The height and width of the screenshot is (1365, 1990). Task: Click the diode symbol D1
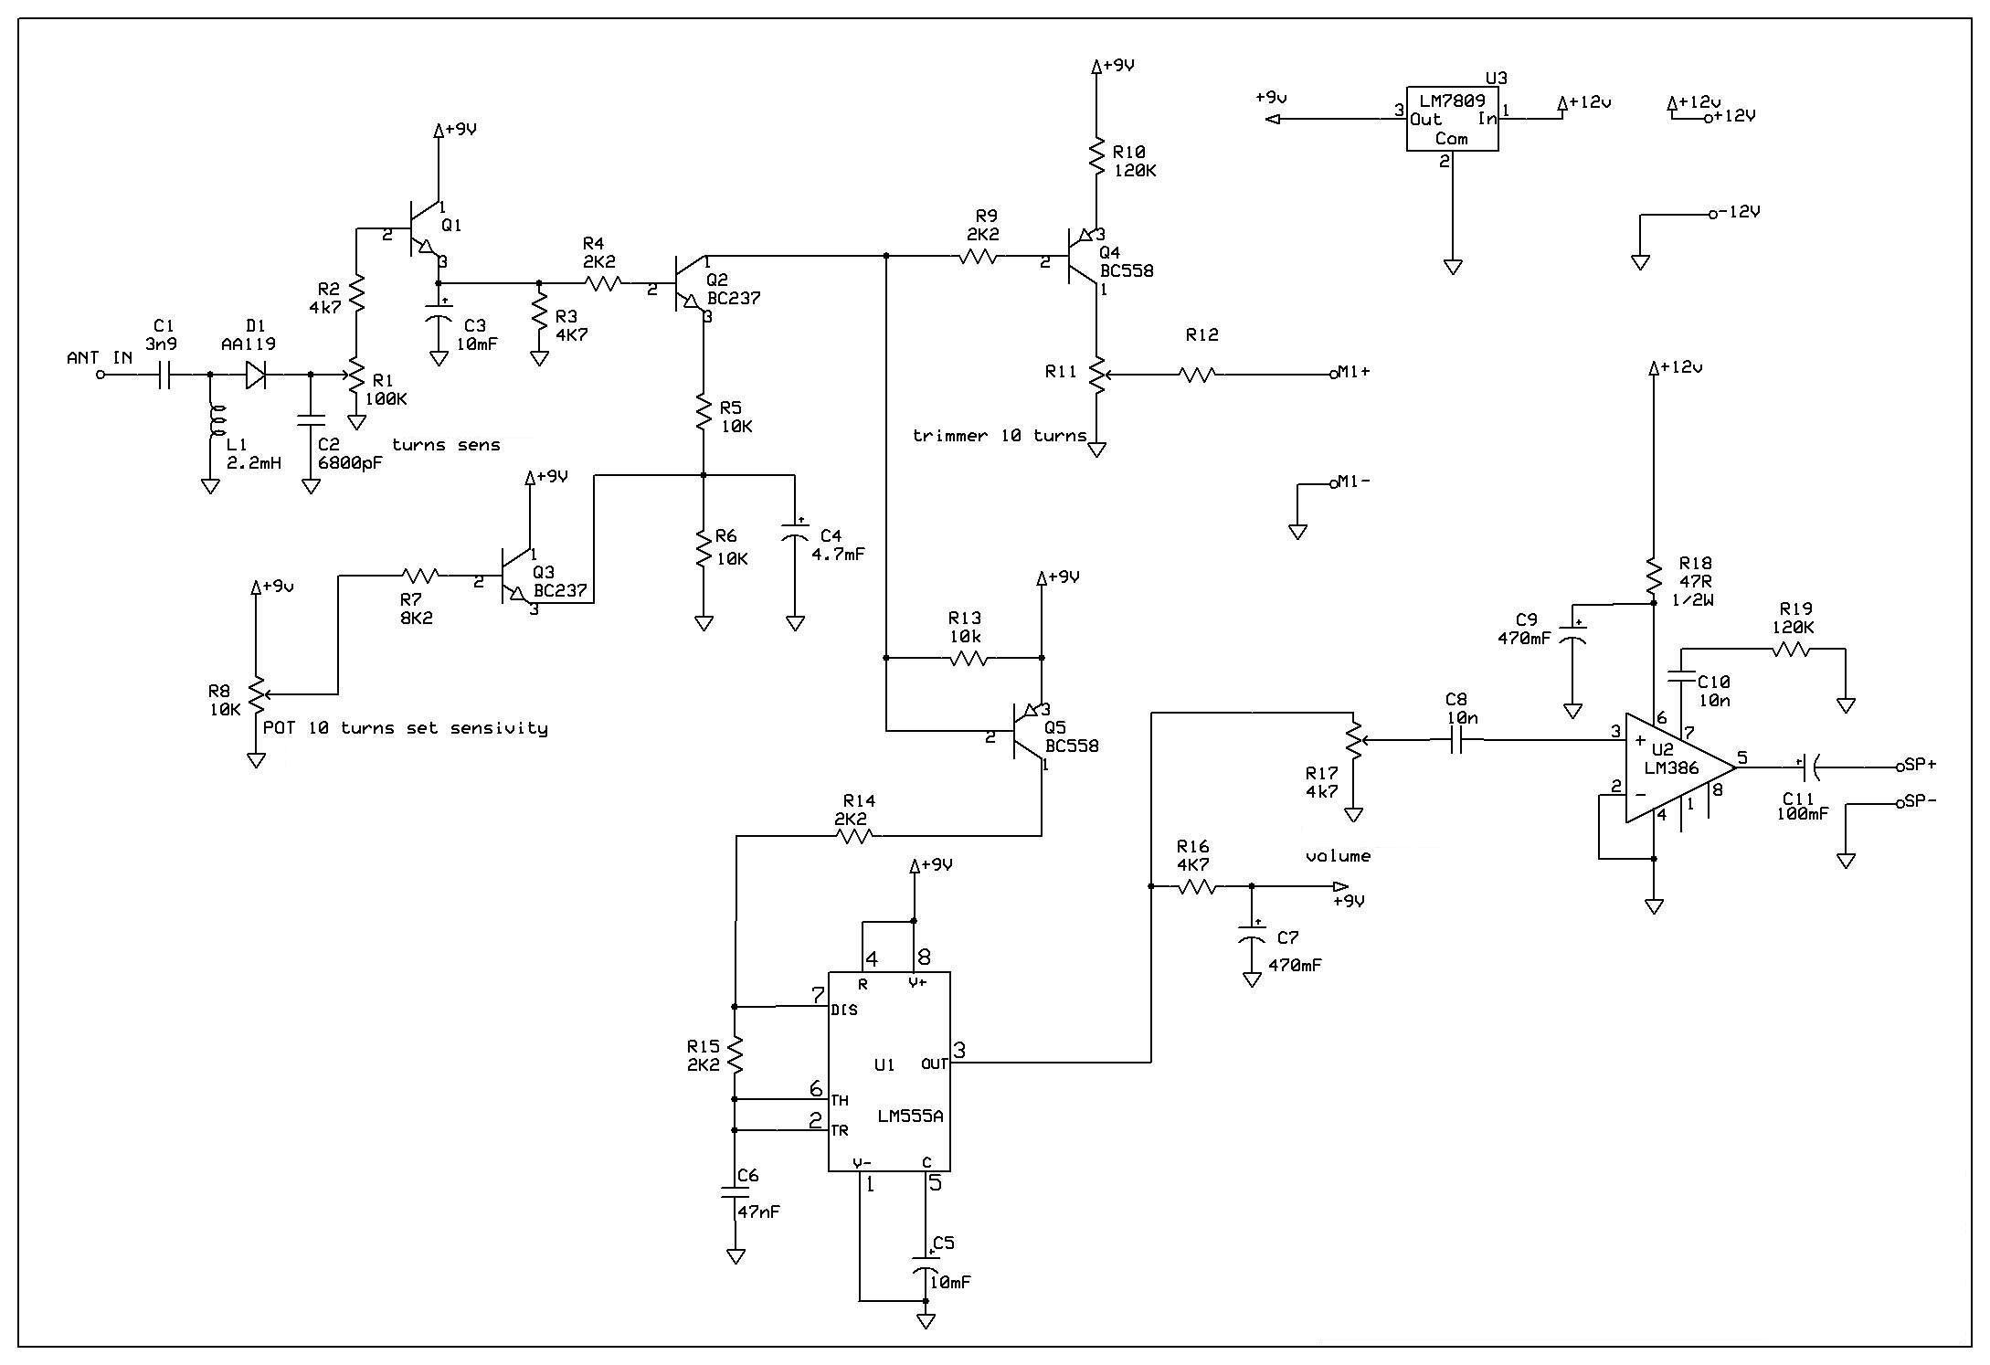click(x=256, y=375)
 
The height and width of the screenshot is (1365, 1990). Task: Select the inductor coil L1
click(x=217, y=422)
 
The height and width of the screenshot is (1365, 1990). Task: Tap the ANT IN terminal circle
click(x=101, y=375)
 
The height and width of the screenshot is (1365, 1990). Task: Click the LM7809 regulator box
click(x=1452, y=120)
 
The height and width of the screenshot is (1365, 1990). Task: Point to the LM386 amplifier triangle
click(x=1679, y=767)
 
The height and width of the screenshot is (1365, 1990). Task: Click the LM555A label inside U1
click(x=910, y=1116)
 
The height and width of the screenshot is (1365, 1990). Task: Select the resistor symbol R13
click(x=969, y=658)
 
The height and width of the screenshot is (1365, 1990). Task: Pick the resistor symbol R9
click(x=978, y=259)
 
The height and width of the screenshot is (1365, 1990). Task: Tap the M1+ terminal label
click(x=1353, y=371)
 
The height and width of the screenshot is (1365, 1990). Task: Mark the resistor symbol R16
click(x=1197, y=886)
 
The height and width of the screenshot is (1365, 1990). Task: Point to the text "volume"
click(x=1338, y=856)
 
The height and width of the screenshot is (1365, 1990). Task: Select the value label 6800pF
click(x=349, y=462)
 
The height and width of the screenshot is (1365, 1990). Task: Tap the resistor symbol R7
click(x=420, y=576)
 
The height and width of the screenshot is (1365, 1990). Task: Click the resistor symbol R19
click(x=1791, y=650)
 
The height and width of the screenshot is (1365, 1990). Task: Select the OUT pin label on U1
click(x=934, y=1063)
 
